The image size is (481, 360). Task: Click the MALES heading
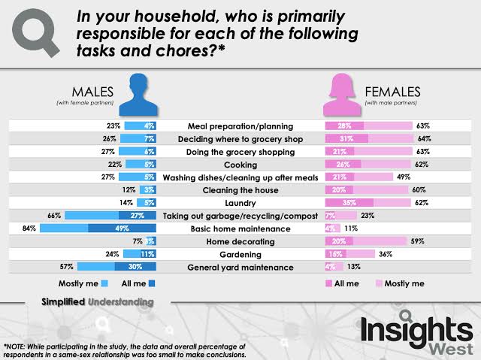[x=94, y=90]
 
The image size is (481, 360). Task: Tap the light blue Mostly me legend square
[x=104, y=284]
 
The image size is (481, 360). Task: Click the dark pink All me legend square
[x=328, y=284]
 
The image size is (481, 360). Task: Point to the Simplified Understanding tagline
[x=98, y=301]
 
